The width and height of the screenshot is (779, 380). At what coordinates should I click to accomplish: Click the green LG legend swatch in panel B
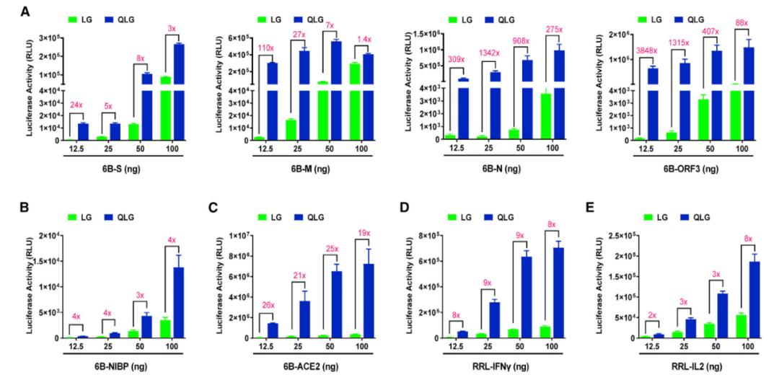point(73,215)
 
